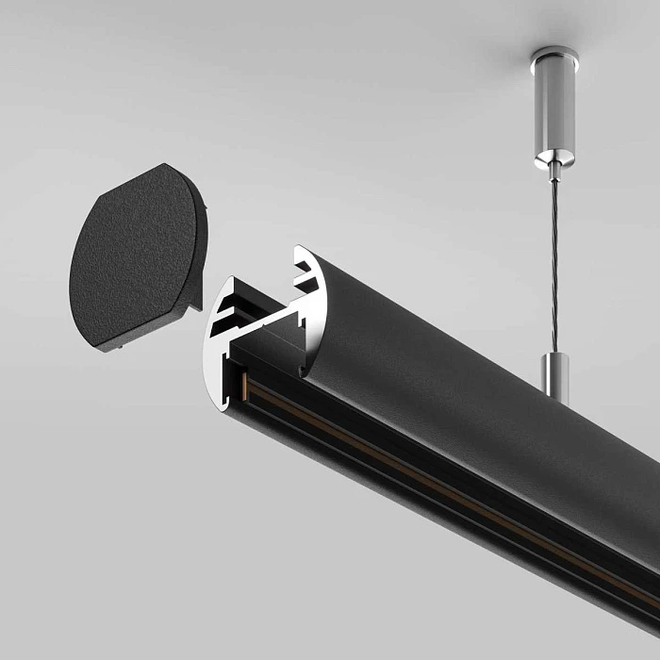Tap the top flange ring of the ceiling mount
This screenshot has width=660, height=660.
coord(553,54)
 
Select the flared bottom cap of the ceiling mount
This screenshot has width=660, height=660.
coord(553,157)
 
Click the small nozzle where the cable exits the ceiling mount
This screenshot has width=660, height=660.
coord(554,173)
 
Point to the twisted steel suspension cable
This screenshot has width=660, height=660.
coord(554,264)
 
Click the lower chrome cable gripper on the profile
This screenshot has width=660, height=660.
coord(555,374)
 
